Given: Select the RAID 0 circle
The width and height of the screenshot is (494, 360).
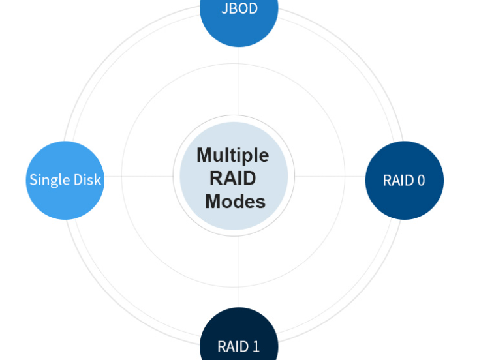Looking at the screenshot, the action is coord(405,181).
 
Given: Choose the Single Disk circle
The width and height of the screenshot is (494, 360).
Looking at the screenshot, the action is coord(65,181).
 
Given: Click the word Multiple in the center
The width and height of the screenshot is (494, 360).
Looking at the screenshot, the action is coord(233,155).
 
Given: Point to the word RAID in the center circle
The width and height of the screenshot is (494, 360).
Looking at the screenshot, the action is coord(233,178).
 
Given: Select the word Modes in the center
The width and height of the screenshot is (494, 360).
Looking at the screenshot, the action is coord(235,202).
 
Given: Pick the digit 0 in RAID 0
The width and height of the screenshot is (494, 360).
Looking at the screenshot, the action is coord(421,181).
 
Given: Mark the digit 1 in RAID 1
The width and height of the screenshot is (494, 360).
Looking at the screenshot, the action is coord(256,347).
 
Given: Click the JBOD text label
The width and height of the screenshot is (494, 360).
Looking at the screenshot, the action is coord(239,8).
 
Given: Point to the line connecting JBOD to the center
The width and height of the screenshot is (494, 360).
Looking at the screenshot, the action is coord(238,82).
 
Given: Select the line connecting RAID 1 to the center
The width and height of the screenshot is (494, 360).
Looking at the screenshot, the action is coord(238,271).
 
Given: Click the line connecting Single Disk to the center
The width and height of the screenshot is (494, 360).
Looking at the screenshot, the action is coord(138,176).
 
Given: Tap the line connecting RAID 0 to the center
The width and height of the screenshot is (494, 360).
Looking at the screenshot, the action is coord(330,176).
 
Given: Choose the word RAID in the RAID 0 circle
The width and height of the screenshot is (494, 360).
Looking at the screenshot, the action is coord(399,181).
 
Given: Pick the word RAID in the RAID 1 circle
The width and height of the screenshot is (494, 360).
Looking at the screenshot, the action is coord(233,347).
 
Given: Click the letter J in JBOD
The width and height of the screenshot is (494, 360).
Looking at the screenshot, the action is coord(224,8).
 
